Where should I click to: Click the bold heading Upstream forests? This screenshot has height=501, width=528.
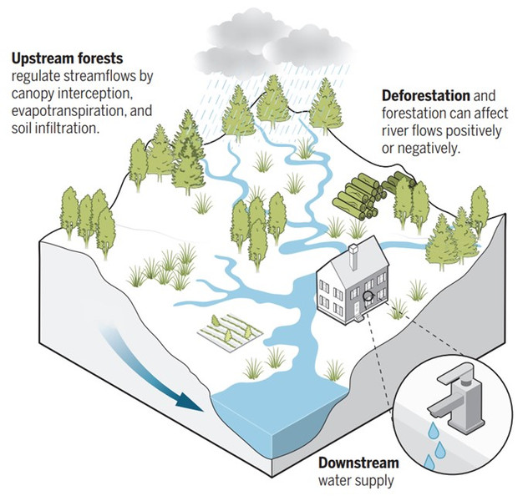pos(68,58)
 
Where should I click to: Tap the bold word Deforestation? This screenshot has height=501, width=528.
pos(426,96)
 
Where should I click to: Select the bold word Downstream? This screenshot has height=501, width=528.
pos(358,463)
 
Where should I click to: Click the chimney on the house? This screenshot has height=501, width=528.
pos(353,256)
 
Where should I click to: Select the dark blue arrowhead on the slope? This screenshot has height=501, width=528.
pos(190,402)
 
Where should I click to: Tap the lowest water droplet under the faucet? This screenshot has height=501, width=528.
pos(429,461)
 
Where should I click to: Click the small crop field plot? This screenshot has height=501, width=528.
pos(231,332)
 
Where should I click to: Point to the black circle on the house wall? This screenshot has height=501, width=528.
pos(368,296)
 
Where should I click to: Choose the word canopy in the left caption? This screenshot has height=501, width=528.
pos(33,94)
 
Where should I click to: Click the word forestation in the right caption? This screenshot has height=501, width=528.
pos(414,114)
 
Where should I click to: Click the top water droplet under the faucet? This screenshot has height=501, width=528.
pos(434,430)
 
